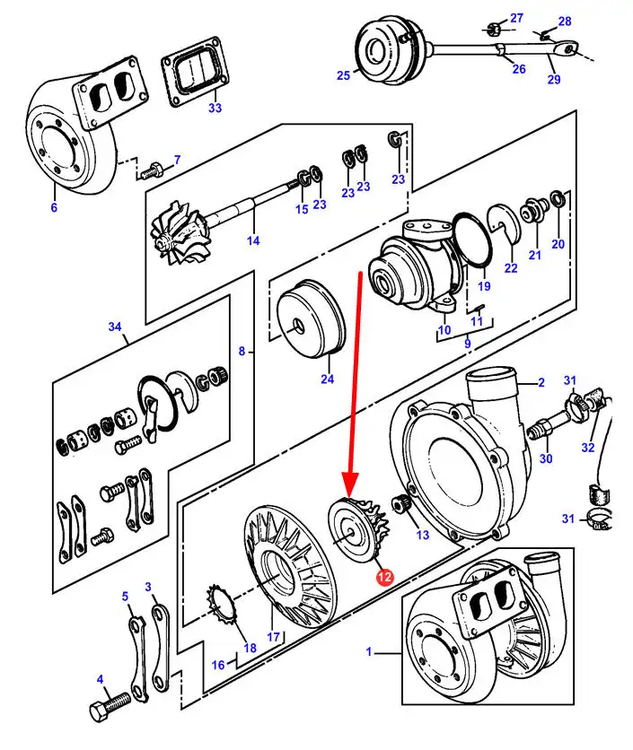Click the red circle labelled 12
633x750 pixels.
pyautogui.click(x=384, y=578)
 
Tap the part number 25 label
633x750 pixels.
pyautogui.click(x=343, y=76)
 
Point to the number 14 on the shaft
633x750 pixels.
pyautogui.click(x=253, y=240)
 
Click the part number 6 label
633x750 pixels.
pyautogui.click(x=53, y=207)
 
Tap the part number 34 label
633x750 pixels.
pyautogui.click(x=115, y=327)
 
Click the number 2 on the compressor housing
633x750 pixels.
pyautogui.click(x=541, y=383)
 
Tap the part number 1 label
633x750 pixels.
pyautogui.click(x=368, y=652)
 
